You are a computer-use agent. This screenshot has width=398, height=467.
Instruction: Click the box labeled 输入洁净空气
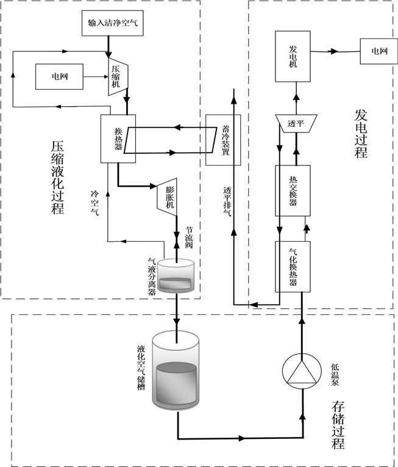tap(108, 23)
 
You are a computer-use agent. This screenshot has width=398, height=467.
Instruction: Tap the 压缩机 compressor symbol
tap(117, 76)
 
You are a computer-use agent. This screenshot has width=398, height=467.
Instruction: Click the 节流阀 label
tap(189, 234)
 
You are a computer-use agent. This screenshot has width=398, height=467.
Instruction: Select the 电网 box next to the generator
tap(375, 52)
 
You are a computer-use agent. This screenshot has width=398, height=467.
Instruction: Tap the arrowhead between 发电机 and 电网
tap(334, 52)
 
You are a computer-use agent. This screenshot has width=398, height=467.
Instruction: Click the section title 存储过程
tap(339, 424)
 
